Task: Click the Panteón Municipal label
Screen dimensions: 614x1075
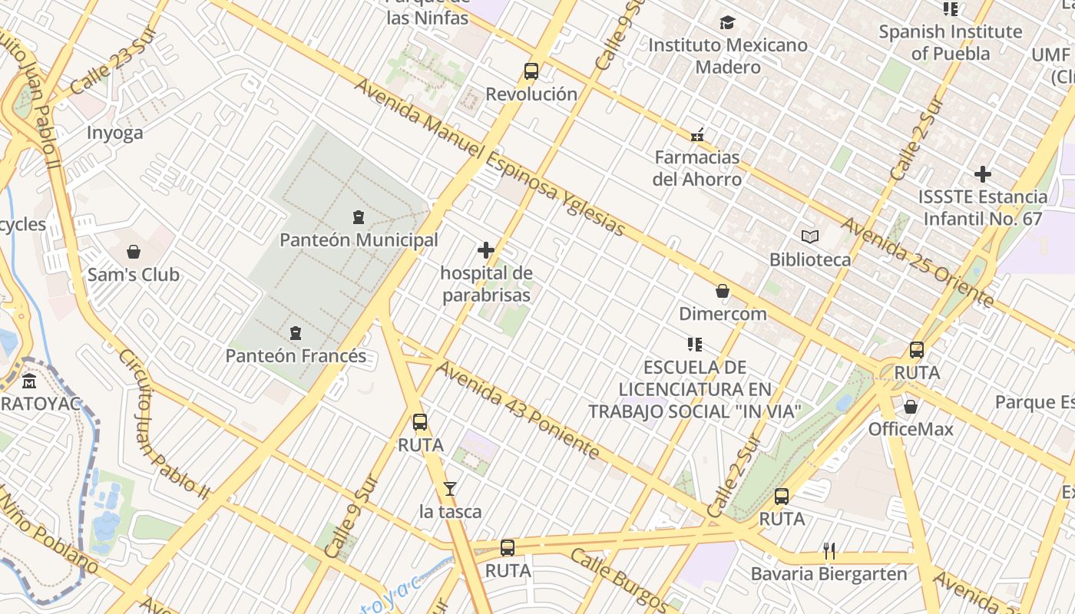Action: (x=359, y=240)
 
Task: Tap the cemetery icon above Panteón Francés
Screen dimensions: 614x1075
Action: (x=296, y=333)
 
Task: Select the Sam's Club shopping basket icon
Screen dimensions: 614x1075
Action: (x=134, y=252)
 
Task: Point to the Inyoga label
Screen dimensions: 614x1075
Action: (x=114, y=133)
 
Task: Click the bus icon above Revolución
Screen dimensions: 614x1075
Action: (x=531, y=71)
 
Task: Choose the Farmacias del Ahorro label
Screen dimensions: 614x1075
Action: (x=697, y=168)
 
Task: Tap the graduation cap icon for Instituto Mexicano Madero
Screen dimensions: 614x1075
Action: (x=727, y=23)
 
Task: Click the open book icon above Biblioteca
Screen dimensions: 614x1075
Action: (x=810, y=236)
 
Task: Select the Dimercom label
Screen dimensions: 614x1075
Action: (x=723, y=314)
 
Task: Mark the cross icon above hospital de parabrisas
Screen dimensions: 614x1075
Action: (x=486, y=250)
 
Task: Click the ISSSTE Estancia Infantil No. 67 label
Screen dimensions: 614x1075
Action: (x=983, y=208)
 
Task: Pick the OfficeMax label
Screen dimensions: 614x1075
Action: (x=911, y=429)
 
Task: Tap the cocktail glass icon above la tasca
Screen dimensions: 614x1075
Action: (x=450, y=489)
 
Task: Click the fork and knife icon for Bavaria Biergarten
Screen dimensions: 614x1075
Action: (x=829, y=550)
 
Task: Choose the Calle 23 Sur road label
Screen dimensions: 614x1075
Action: (x=111, y=64)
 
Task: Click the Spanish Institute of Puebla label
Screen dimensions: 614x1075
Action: (x=951, y=42)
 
